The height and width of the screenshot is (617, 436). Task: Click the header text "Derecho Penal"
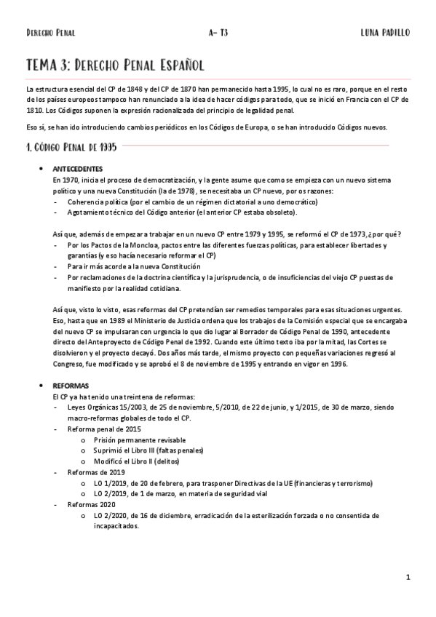click(50, 33)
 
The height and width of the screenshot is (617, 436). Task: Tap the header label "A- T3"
click(218, 33)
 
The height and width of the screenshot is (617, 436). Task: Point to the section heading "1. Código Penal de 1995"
click(66, 147)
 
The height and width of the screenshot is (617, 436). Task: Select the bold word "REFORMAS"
click(71, 386)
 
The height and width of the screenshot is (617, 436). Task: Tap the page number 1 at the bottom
click(408, 578)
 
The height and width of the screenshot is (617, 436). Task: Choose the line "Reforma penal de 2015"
click(103, 429)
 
